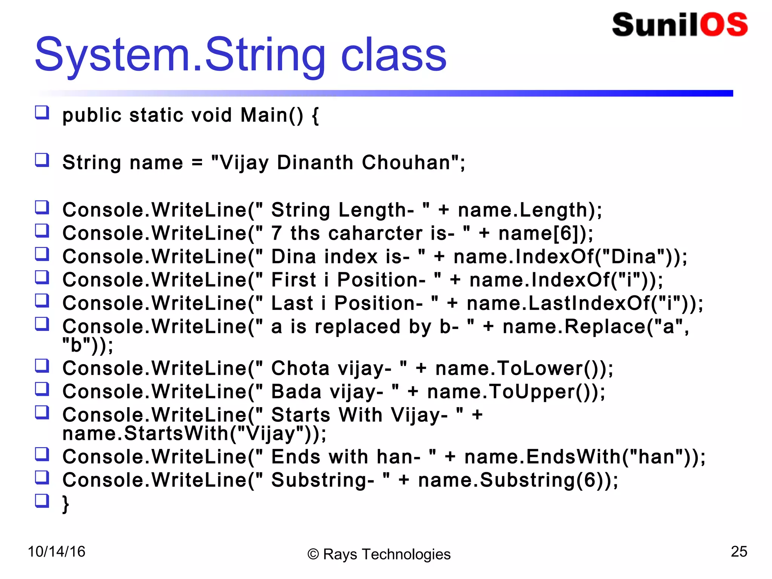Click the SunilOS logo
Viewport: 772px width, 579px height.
tap(679, 25)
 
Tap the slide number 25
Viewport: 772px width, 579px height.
tap(738, 551)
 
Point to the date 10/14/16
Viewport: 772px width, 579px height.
tap(57, 552)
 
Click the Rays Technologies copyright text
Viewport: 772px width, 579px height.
tap(379, 554)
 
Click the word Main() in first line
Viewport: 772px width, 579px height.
tap(271, 115)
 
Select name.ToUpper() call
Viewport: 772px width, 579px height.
tap(512, 392)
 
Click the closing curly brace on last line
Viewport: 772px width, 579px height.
tap(66, 504)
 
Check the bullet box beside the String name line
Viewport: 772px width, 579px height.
tap(42, 160)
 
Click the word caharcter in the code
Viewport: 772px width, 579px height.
tap(375, 233)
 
